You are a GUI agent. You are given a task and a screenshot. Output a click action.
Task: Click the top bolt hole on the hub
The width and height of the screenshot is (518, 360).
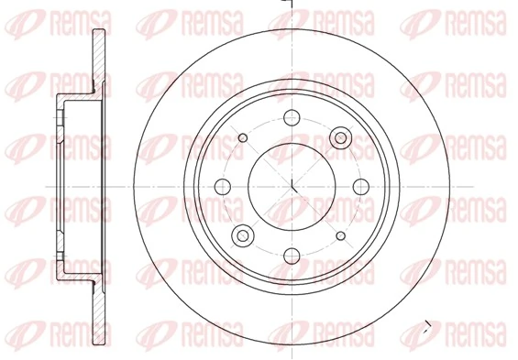[x=292, y=116]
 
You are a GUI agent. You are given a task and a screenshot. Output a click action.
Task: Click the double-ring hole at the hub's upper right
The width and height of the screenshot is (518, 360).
[x=340, y=137]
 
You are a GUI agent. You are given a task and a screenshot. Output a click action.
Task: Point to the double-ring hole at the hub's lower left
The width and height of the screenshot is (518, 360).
[x=243, y=235]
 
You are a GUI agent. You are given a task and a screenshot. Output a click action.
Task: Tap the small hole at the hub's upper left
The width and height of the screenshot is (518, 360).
[x=243, y=137]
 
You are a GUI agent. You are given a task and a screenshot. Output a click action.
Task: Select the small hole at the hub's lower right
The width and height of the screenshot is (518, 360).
[x=340, y=235]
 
